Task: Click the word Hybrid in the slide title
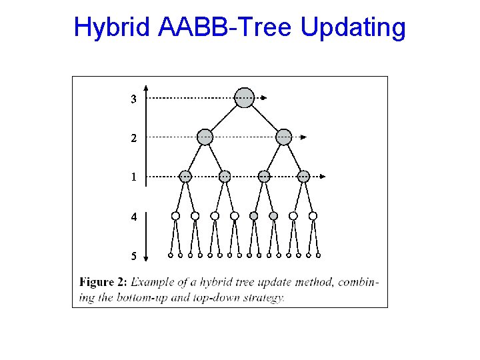point(113,28)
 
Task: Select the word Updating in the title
point(353,28)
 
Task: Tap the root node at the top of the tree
point(245,97)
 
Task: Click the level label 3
point(134,99)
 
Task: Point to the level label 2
point(134,139)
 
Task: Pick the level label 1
point(134,177)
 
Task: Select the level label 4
point(134,217)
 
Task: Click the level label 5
point(134,256)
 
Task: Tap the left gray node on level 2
point(205,137)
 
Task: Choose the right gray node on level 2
point(284,137)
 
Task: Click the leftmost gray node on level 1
point(185,176)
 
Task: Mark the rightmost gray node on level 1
point(303,176)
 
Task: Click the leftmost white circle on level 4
point(175,215)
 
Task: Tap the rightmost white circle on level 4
point(313,215)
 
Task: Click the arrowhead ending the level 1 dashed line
point(323,176)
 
